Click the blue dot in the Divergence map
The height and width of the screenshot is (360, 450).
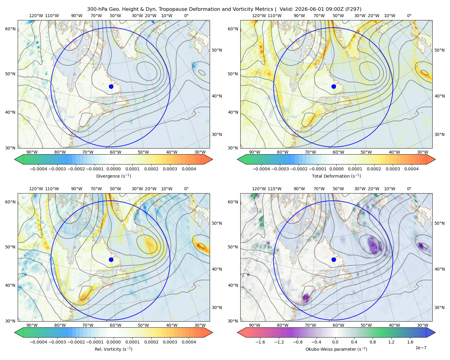tap(111, 86)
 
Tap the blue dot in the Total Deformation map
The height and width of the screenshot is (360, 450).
tap(334, 86)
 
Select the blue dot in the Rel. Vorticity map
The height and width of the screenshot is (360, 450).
tap(111, 259)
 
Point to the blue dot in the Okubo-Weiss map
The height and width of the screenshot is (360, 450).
tap(334, 259)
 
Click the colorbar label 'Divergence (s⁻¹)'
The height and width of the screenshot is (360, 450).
tap(113, 176)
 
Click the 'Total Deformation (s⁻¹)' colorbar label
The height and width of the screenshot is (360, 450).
tap(336, 176)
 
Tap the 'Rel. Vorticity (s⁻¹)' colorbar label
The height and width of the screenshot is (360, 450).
tap(113, 349)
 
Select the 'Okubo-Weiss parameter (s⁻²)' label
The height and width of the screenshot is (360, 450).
tap(336, 349)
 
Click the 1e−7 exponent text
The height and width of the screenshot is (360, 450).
tap(421, 348)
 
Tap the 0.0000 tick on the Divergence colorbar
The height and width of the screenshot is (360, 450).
tap(113, 169)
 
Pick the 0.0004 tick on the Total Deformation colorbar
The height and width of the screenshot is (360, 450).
tap(411, 169)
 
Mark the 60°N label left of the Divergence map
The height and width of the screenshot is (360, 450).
tap(10, 29)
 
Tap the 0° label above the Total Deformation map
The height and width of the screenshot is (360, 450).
tap(409, 16)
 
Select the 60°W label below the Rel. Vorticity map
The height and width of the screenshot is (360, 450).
tap(115, 325)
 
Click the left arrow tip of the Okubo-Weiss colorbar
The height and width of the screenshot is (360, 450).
tap(238, 332)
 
